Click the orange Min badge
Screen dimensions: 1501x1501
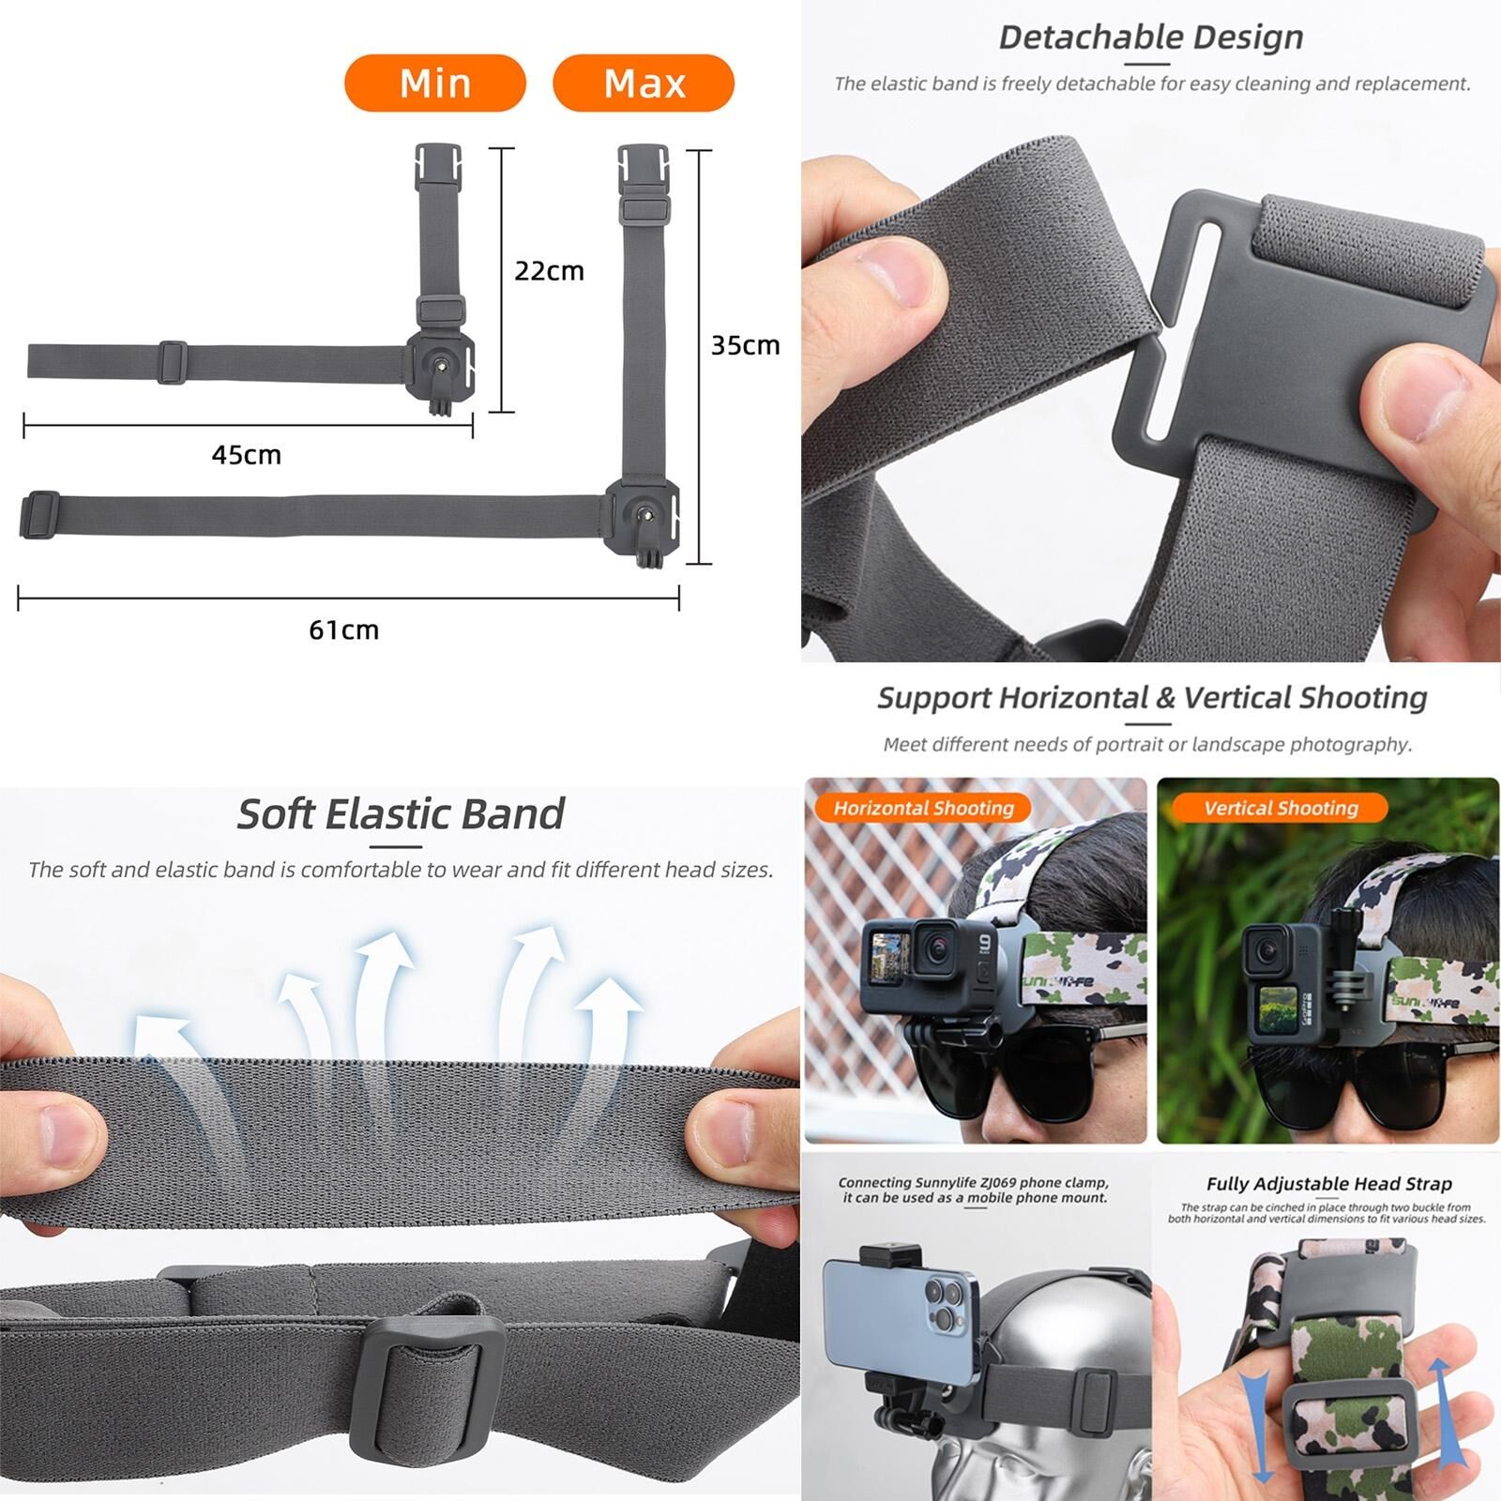click(x=435, y=83)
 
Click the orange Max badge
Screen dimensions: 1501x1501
click(x=644, y=83)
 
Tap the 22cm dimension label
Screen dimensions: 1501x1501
click(x=549, y=271)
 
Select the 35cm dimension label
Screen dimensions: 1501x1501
click(x=745, y=345)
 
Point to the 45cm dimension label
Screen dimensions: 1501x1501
click(x=246, y=455)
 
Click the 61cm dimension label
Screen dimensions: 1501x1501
click(x=343, y=629)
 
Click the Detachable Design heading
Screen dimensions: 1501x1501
click(x=1151, y=38)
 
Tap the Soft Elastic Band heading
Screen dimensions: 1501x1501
click(x=401, y=813)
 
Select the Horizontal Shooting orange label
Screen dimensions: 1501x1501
click(x=923, y=808)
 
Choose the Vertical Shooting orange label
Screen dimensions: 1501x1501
click(x=1281, y=808)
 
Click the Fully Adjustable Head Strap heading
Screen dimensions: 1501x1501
click(x=1328, y=1184)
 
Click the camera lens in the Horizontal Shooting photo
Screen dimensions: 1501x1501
click(x=934, y=948)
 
